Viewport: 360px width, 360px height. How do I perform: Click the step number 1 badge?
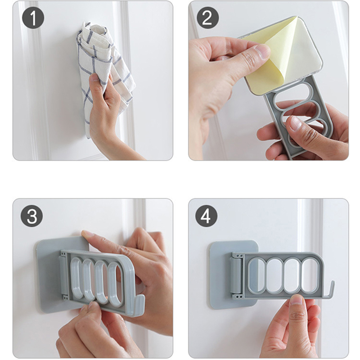click(x=33, y=18)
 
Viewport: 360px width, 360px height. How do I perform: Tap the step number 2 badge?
click(x=207, y=18)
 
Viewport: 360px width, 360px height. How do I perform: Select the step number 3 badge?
click(x=31, y=216)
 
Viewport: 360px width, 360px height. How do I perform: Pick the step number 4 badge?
click(x=206, y=216)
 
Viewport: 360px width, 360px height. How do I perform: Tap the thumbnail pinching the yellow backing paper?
click(x=262, y=50)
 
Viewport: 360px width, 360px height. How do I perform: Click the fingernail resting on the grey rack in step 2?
click(x=296, y=123)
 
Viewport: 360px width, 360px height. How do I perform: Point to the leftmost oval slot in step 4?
click(x=256, y=275)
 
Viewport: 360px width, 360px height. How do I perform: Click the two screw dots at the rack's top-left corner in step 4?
click(x=240, y=255)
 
